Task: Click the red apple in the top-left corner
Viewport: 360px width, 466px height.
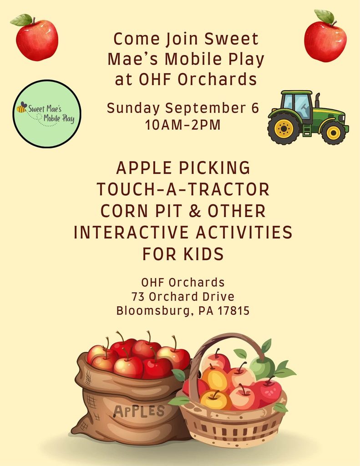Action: [x=37, y=40]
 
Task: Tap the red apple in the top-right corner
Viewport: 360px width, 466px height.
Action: [x=325, y=41]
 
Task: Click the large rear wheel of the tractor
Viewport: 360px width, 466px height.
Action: [x=284, y=128]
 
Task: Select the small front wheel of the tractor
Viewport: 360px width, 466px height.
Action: [x=333, y=132]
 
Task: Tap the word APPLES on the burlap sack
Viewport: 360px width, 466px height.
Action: [x=139, y=411]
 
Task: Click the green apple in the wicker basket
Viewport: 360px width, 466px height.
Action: [x=262, y=368]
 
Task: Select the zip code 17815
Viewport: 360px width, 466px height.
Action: [x=233, y=311]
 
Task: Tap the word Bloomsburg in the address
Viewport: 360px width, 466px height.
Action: [x=153, y=311]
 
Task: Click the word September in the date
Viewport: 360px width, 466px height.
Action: [x=206, y=108]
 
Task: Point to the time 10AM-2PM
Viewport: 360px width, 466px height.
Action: [x=183, y=125]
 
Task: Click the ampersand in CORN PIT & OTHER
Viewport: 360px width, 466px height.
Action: [x=195, y=211]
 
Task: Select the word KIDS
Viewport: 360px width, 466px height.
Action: [x=203, y=254]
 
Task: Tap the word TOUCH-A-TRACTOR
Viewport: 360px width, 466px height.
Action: [x=183, y=189]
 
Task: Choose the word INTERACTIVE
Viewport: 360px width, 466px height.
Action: [x=131, y=233]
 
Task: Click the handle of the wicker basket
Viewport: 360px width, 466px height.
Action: [x=226, y=351]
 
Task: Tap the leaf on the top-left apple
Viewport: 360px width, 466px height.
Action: [x=21, y=20]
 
